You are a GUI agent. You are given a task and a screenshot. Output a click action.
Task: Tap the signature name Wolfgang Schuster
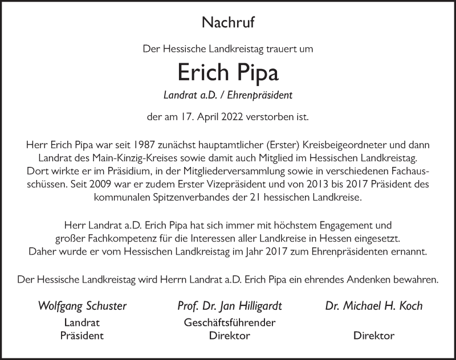pos(82,306)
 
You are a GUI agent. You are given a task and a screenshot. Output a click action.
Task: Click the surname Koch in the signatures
pos(410,306)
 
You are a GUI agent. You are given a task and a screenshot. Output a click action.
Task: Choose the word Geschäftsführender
pos(230,322)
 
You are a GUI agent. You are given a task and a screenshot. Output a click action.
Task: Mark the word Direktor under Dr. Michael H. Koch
pos(374,336)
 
